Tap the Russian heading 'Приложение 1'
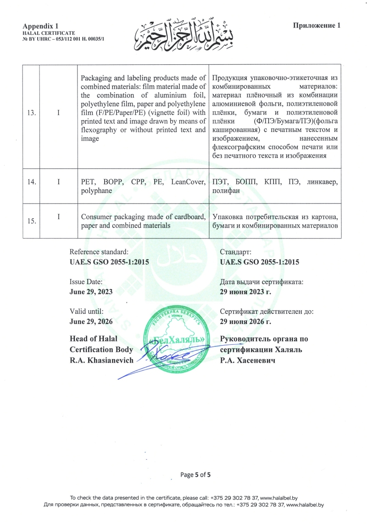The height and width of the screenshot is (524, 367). [x=317, y=25]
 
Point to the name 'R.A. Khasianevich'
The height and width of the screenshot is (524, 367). [x=101, y=359]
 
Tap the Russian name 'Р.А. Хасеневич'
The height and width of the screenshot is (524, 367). [x=247, y=359]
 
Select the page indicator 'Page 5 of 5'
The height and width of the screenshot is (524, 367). [x=195, y=474]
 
